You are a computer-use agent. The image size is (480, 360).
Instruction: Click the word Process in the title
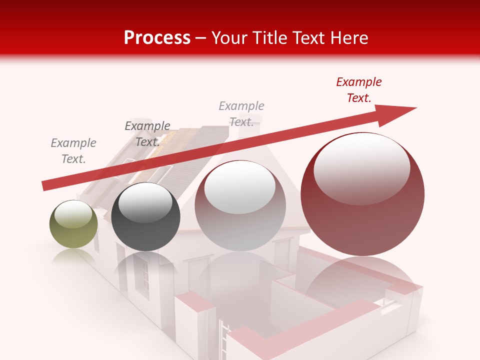(x=157, y=37)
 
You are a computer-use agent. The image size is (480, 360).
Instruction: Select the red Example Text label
(x=358, y=90)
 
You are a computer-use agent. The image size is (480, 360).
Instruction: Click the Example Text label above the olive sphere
(x=73, y=151)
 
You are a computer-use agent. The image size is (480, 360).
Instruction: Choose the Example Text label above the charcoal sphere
(x=147, y=134)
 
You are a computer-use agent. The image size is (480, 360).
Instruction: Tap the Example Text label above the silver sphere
(x=241, y=114)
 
